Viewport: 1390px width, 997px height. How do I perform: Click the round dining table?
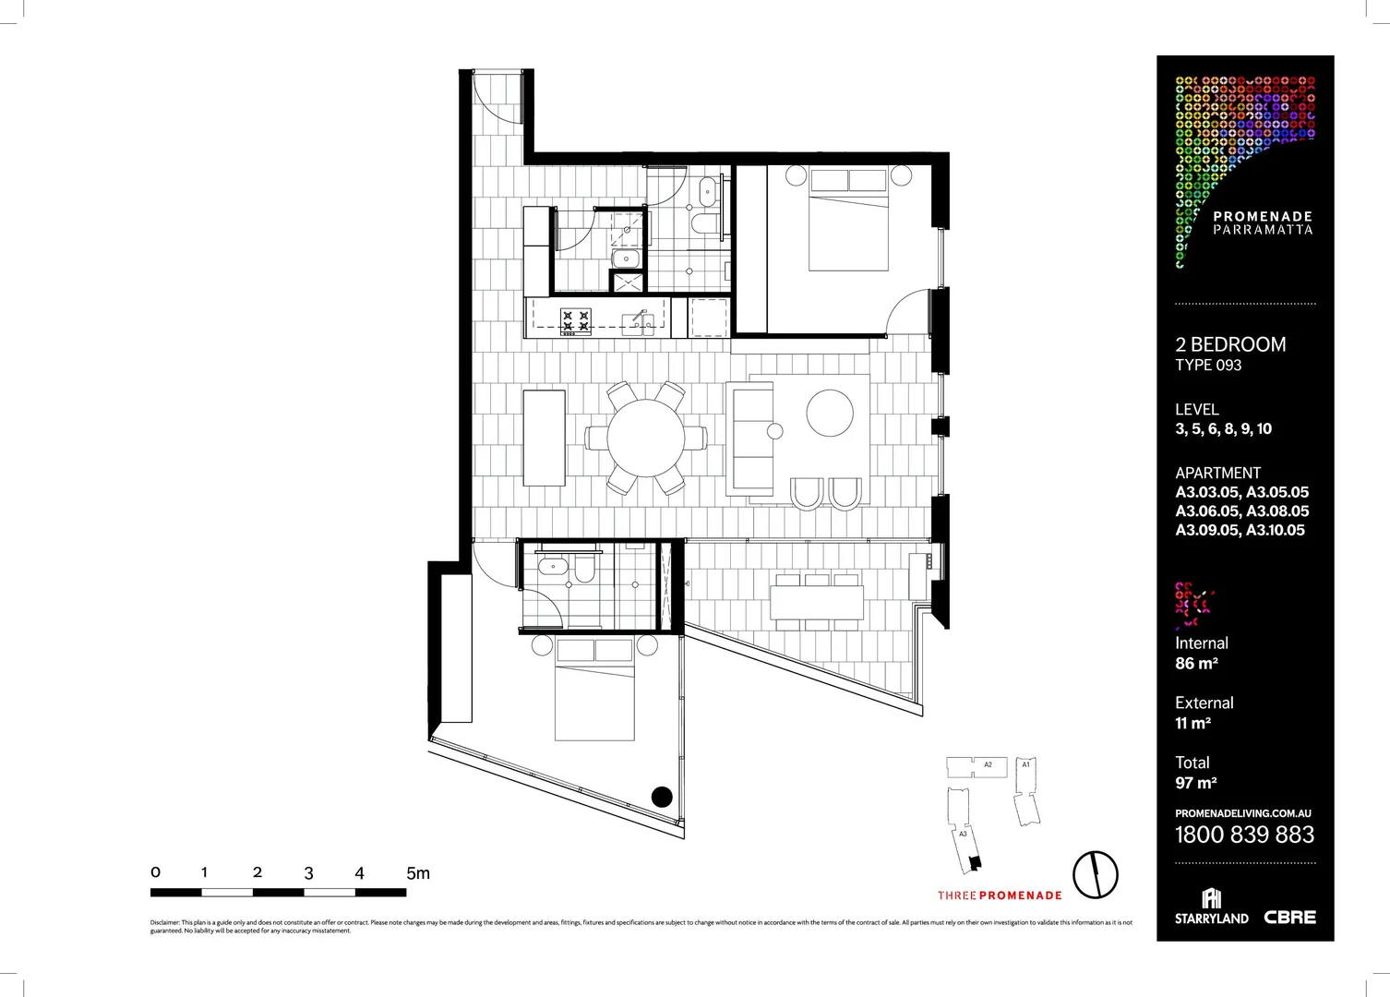[645, 437]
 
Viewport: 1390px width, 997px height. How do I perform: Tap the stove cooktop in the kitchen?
[576, 320]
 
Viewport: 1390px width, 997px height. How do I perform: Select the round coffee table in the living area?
[830, 413]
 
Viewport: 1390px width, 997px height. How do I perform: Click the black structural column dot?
[662, 796]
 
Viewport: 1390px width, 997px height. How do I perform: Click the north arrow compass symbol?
[1095, 873]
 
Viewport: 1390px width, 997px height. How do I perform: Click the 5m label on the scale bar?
[417, 872]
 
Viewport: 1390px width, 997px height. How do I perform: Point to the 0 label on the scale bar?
[155, 871]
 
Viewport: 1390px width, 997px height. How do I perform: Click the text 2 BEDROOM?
[1229, 344]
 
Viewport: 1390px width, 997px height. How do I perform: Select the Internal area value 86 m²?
[1196, 663]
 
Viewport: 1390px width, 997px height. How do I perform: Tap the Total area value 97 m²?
[1195, 783]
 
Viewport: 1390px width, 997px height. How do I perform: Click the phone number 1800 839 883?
[1244, 835]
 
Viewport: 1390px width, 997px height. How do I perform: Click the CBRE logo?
[1289, 917]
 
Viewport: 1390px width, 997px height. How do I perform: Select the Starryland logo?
[1211, 907]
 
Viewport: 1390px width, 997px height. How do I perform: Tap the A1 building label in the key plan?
[1025, 764]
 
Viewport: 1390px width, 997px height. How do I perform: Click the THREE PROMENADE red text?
[1000, 895]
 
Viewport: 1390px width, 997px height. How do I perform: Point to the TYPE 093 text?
[1208, 366]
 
